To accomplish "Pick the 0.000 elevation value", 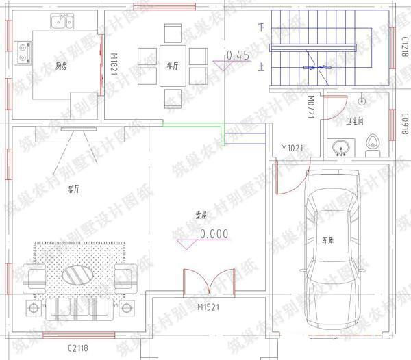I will (214, 233).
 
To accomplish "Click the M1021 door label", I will (292, 148).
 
